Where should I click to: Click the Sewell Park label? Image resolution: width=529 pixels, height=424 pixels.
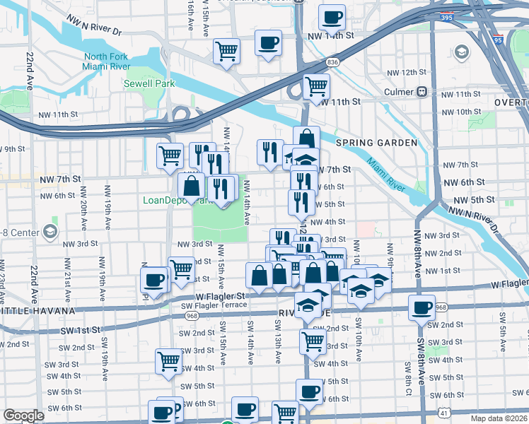pyautogui.click(x=149, y=83)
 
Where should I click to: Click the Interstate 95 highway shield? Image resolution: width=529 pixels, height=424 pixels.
pyautogui.click(x=499, y=41)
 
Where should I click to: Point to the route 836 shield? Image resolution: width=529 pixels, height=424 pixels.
pyautogui.click(x=333, y=63)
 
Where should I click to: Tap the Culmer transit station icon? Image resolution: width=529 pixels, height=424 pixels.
pyautogui.click(x=422, y=92)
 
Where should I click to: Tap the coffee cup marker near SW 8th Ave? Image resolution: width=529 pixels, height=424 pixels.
pyautogui.click(x=422, y=308)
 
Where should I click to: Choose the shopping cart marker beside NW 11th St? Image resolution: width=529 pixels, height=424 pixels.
pyautogui.click(x=316, y=86)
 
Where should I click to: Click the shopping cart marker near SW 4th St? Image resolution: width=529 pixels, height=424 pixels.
pyautogui.click(x=169, y=360)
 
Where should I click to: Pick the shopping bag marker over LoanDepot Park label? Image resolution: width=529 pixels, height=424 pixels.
pyautogui.click(x=192, y=187)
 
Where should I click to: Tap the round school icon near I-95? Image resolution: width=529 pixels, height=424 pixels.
pyautogui.click(x=463, y=52)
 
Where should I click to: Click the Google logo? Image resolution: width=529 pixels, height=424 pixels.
pyautogui.click(x=24, y=416)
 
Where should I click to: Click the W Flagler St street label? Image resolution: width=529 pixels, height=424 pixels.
pyautogui.click(x=220, y=296)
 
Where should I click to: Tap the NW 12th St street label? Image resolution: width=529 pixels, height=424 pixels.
pyautogui.click(x=407, y=73)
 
